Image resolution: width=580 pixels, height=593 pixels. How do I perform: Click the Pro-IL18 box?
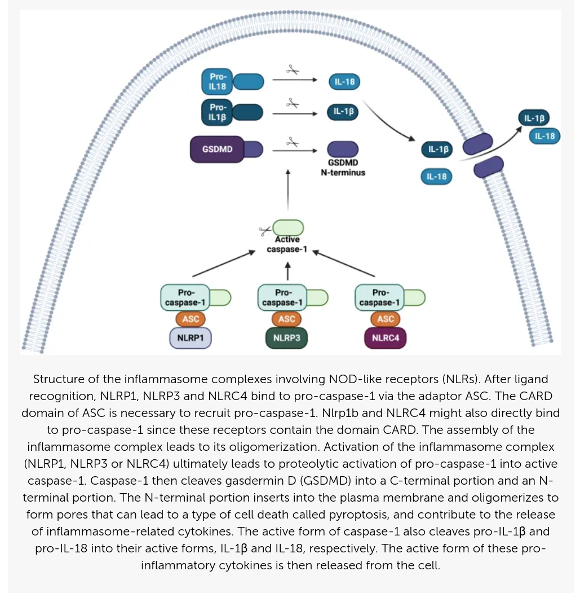pos(217,81)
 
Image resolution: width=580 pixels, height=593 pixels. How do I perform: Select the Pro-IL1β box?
pos(217,112)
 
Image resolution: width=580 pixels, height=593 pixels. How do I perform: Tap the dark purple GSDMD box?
pos(217,149)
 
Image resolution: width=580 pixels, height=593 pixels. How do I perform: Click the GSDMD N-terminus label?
pos(343,168)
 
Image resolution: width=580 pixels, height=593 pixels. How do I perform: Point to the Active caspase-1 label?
pos(287,244)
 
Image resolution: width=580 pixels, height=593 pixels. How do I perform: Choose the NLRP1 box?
pos(191,338)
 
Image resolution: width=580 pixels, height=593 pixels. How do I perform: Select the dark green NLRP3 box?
pos(287,338)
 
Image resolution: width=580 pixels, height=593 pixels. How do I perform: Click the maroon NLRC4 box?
pos(386,338)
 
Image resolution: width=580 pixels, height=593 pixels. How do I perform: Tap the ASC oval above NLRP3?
pos(287,319)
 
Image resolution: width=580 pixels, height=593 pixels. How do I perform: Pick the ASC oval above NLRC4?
pos(386,319)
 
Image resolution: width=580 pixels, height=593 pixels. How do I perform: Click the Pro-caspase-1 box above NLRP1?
pos(185,298)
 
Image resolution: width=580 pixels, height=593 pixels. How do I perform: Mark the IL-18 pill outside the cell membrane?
pos(544,136)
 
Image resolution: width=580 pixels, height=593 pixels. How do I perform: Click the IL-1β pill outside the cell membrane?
pos(534,118)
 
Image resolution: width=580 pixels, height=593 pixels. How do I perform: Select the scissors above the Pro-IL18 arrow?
pos(293,70)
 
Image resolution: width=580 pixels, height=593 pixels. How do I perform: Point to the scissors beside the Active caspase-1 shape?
pos(265,230)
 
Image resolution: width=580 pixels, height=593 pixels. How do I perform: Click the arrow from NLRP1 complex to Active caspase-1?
pos(224,263)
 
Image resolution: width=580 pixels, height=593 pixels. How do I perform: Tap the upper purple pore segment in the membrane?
pos(477,144)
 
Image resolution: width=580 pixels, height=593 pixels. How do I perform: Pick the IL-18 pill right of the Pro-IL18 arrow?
pos(344,82)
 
